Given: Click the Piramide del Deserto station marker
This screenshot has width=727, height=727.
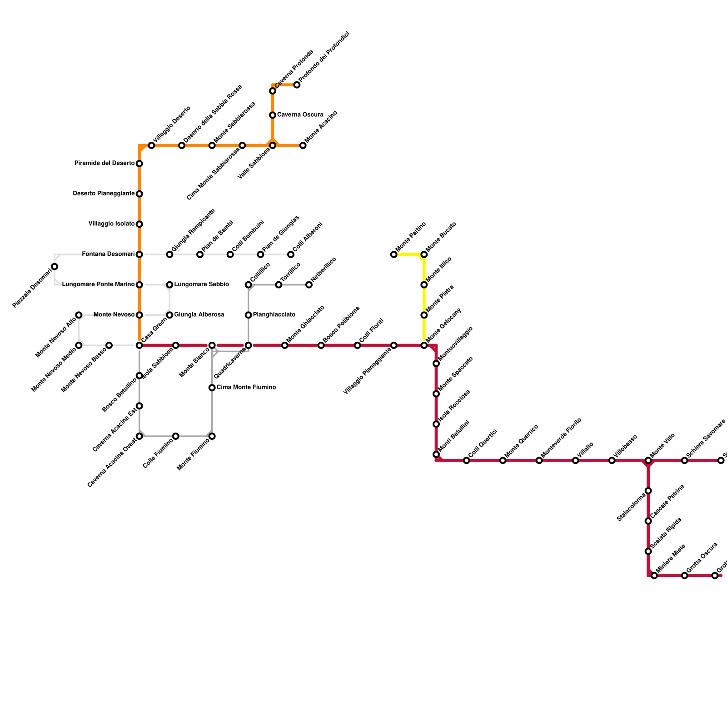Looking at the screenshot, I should (139, 164).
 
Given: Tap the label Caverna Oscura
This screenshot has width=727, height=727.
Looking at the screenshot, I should (300, 115).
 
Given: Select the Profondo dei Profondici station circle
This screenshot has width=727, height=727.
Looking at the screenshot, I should (297, 85).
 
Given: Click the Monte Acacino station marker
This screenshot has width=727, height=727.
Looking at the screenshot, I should (303, 145).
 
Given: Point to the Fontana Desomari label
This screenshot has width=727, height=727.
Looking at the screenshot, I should (108, 254).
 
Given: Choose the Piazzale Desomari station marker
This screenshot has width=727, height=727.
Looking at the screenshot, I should (55, 267).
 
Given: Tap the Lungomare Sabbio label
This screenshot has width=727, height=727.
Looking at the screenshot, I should (201, 284).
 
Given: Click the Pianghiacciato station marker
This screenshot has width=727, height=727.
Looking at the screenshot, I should (249, 315).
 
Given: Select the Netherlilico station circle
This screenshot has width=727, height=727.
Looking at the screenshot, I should (309, 285).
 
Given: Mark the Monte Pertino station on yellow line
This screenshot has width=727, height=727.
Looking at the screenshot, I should (393, 254).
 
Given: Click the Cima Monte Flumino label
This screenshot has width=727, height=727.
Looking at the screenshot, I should (246, 388).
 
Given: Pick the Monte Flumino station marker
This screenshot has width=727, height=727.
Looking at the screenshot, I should (212, 436).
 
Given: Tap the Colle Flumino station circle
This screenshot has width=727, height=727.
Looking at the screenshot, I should (176, 436).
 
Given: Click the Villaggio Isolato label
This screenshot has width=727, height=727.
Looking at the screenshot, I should (111, 224).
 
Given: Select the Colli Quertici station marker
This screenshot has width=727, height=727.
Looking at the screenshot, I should (466, 461).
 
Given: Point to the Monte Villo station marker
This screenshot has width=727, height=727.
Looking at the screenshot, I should (648, 461).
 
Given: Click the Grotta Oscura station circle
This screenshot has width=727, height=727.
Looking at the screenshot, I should (685, 576).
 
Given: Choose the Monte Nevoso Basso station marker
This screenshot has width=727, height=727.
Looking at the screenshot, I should (109, 345).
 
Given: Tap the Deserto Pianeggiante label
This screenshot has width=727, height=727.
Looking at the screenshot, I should (104, 194).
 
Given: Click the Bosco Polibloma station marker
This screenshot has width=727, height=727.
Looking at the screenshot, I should (321, 345).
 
